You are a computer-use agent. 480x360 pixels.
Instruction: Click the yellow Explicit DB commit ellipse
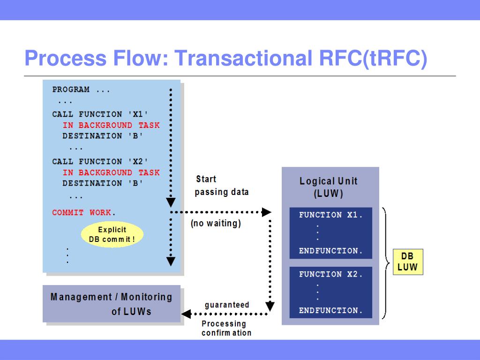click(112, 234)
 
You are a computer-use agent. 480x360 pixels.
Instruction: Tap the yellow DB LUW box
click(407, 262)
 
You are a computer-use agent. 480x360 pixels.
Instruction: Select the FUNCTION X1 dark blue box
click(330, 233)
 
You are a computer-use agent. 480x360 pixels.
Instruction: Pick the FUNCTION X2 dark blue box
click(330, 292)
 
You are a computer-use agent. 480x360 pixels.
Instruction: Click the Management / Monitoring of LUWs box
click(112, 304)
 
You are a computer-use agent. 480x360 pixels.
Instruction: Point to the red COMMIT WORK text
click(82, 212)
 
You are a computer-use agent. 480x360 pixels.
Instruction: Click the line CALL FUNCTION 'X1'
click(101, 114)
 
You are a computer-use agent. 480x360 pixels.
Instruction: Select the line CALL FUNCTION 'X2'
click(101, 161)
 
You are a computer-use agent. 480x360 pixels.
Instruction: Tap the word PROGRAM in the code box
click(71, 90)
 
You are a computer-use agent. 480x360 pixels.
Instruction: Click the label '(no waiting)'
click(216, 224)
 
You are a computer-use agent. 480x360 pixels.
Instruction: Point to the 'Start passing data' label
click(221, 186)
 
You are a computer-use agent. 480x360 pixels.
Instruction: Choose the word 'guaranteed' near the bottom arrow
click(227, 305)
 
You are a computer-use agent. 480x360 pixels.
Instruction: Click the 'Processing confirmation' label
click(226, 328)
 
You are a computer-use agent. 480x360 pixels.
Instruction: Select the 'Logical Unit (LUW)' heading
click(328, 187)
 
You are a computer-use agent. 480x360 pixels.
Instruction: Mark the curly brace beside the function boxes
click(385, 262)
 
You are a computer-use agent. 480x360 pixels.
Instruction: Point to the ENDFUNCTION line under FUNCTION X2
click(331, 310)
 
